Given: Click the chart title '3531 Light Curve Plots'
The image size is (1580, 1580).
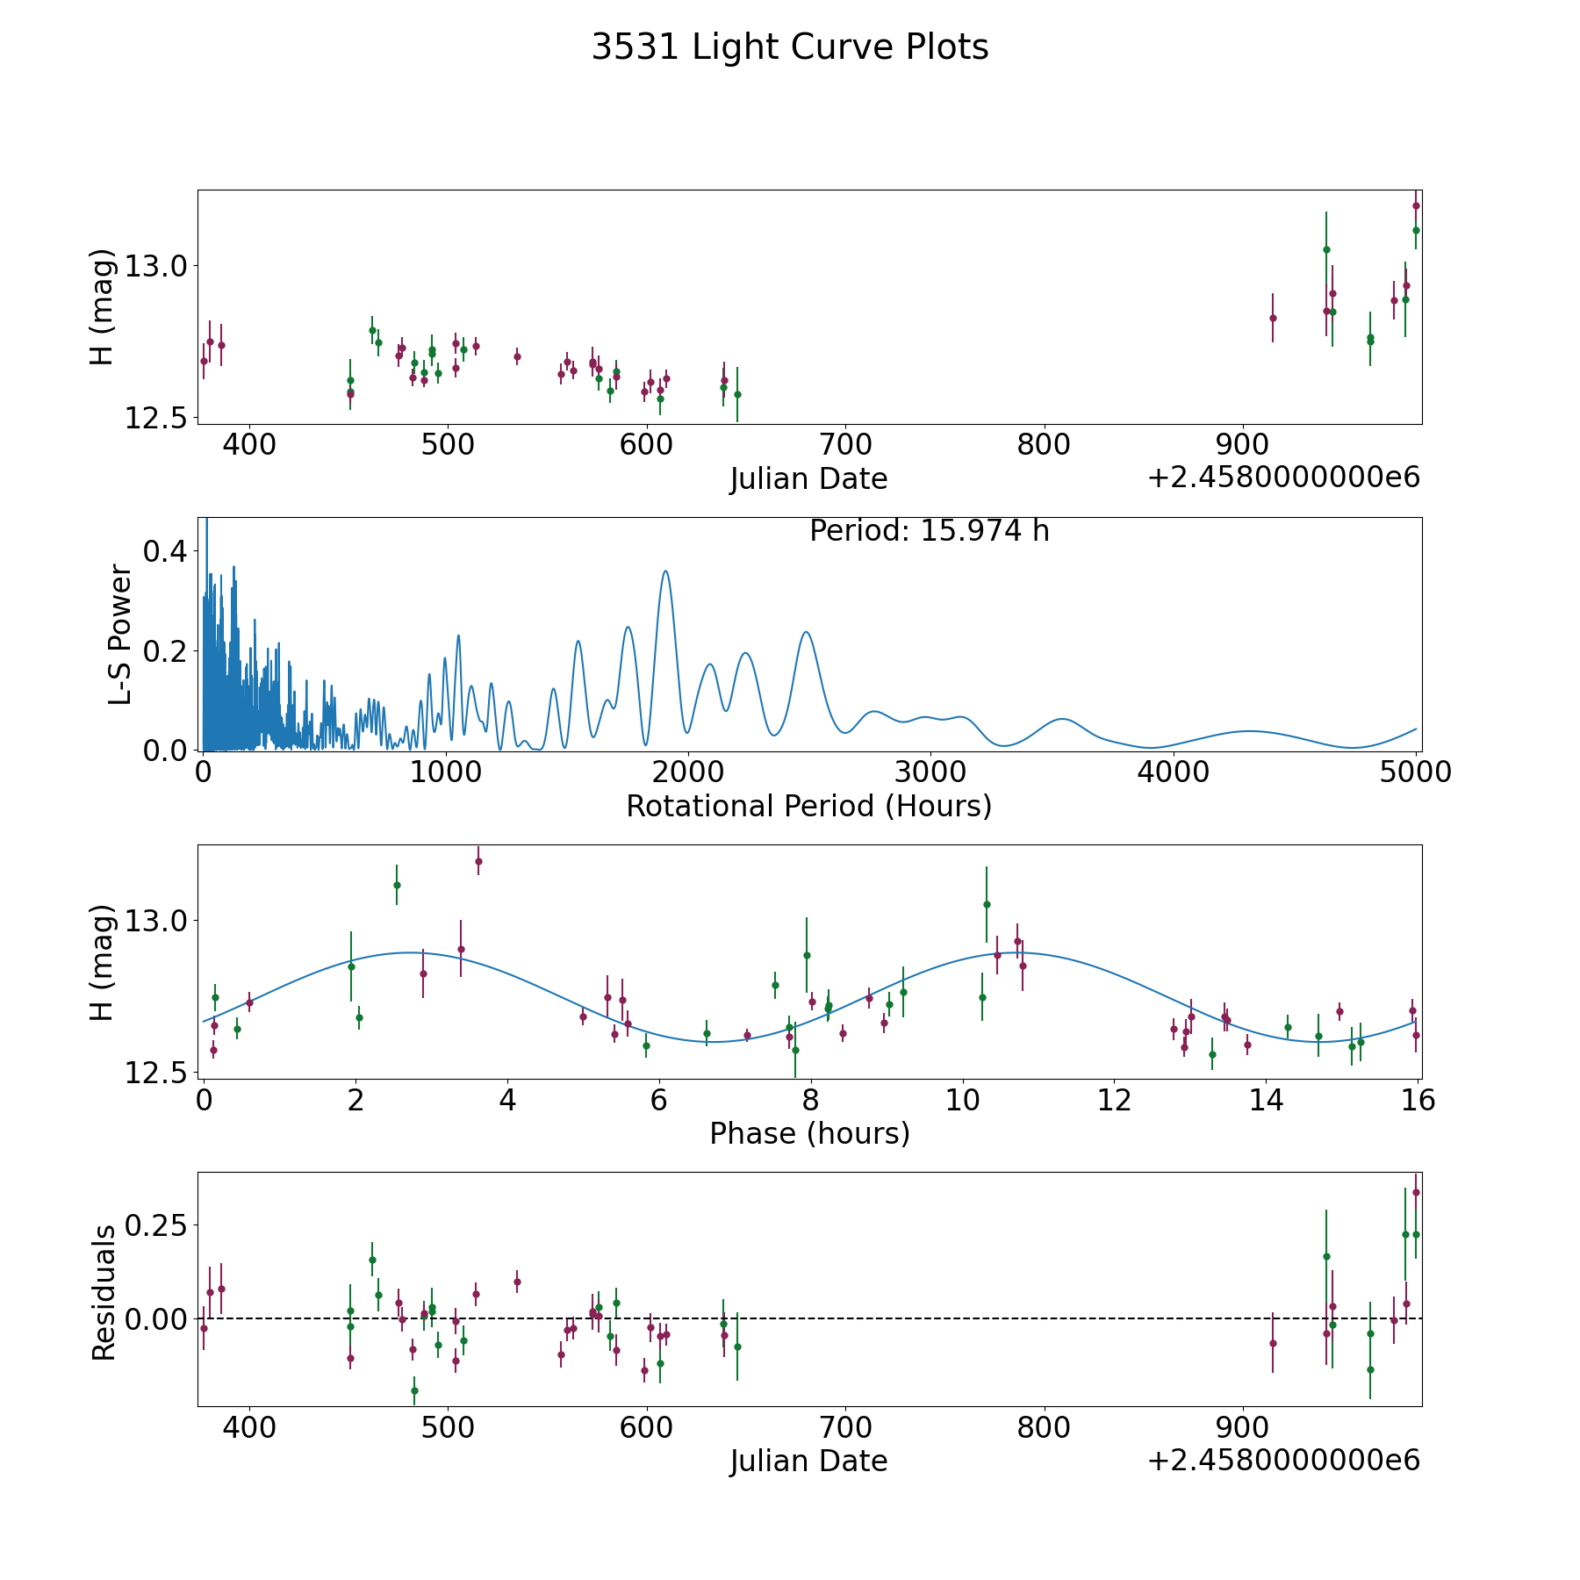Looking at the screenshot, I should [x=790, y=47].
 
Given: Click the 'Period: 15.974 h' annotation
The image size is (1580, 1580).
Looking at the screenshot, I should [x=929, y=531].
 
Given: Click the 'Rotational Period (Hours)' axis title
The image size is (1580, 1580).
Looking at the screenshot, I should [x=808, y=806].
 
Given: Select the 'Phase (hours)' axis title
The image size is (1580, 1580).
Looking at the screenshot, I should [x=809, y=1133].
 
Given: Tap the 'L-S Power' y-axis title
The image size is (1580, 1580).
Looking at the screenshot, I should [x=120, y=635].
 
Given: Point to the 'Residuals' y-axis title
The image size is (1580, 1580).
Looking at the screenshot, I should [x=104, y=1293].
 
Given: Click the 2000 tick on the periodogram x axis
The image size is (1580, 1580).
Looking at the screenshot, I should [x=688, y=772].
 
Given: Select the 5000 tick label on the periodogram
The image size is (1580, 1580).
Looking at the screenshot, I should [x=1416, y=772].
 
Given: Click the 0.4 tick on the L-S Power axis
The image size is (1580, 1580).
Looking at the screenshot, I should [x=166, y=551].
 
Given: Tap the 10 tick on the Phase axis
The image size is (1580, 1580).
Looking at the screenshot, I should [x=963, y=1100].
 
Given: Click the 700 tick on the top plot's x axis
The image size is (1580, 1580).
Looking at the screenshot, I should [x=844, y=445].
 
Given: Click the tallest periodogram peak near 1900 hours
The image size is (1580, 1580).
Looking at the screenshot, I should [x=665, y=571].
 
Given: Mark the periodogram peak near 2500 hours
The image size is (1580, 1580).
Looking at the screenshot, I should [x=806, y=632].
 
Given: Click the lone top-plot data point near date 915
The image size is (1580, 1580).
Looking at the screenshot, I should [x=1273, y=318].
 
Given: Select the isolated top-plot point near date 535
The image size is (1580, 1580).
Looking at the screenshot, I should [x=517, y=356].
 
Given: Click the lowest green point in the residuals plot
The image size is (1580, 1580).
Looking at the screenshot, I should [x=414, y=1390].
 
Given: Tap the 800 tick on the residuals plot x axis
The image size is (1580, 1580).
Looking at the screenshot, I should [x=1044, y=1427].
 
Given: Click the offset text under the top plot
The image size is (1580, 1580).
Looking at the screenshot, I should [x=1283, y=478].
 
